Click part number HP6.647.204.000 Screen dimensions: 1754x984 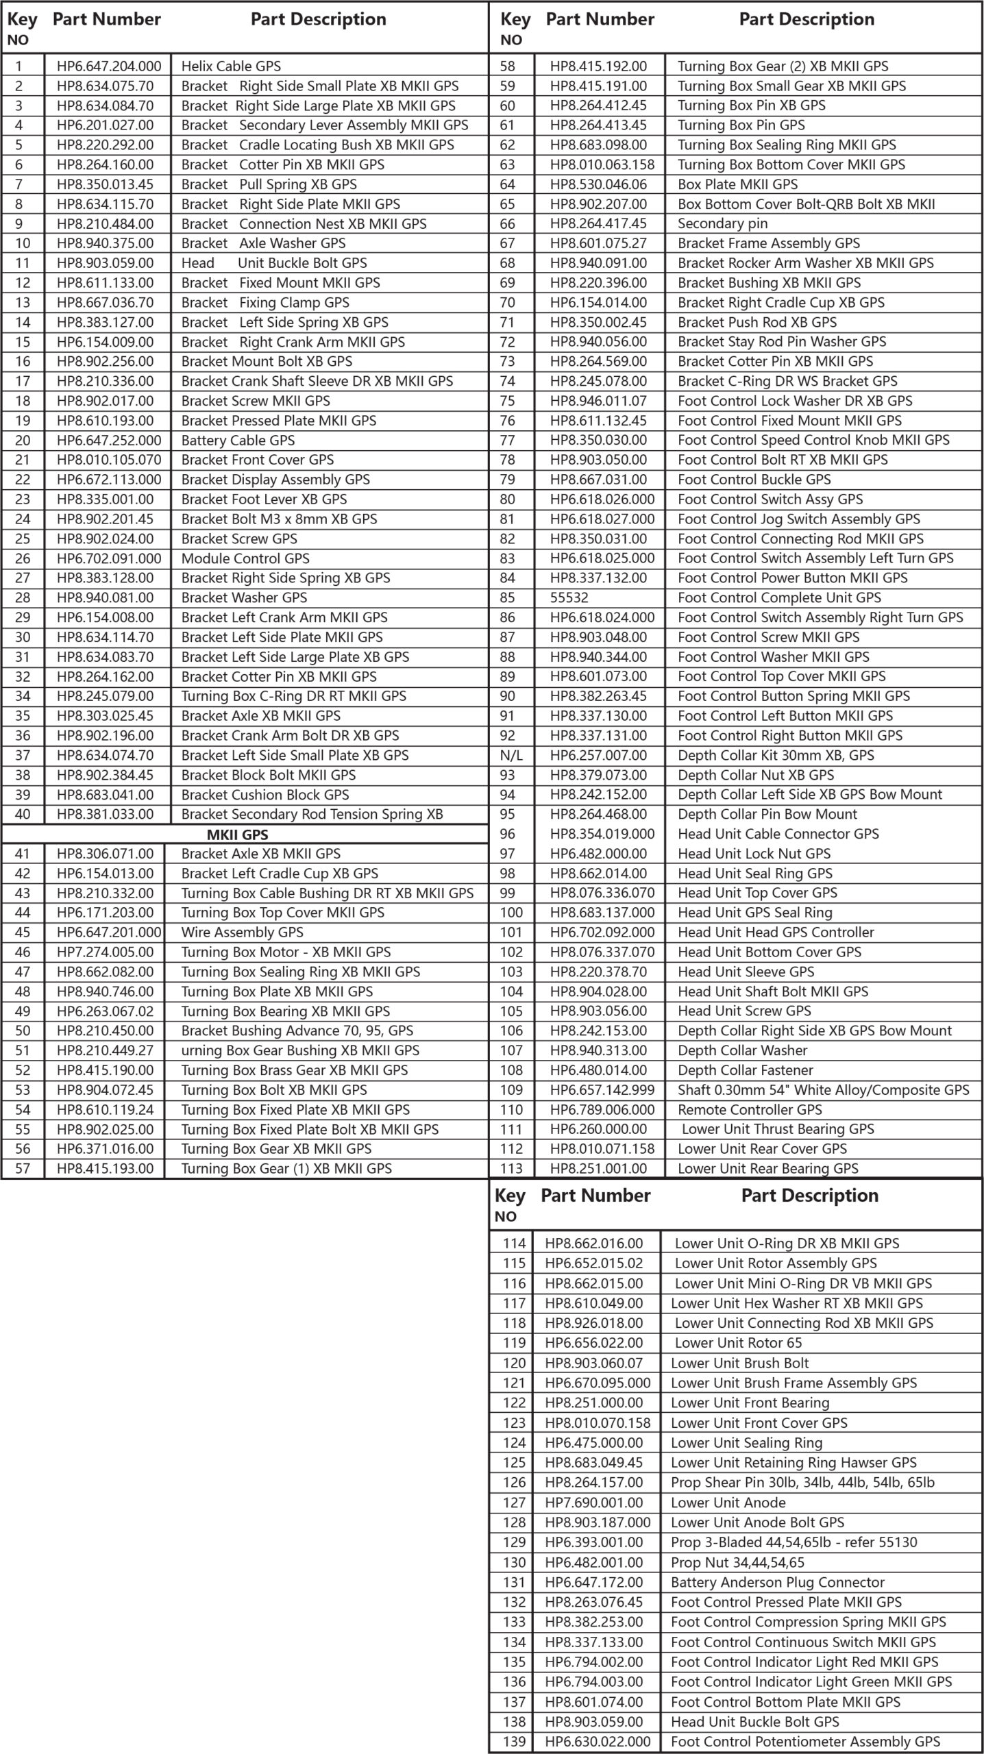109,66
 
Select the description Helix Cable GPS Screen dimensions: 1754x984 231,66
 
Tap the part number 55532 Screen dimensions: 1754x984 569,597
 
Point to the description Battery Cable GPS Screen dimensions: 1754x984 238,440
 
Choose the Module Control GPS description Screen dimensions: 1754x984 245,558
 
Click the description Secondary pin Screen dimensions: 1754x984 722,223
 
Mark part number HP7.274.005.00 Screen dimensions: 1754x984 106,952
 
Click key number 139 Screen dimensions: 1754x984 514,1741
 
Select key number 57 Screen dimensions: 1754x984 23,1168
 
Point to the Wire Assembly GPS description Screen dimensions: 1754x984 242,932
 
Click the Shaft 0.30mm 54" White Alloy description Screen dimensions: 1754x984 823,1089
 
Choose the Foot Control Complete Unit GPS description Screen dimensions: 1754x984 779,597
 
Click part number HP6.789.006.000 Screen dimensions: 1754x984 602,1109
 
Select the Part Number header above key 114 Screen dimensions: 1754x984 595,1196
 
